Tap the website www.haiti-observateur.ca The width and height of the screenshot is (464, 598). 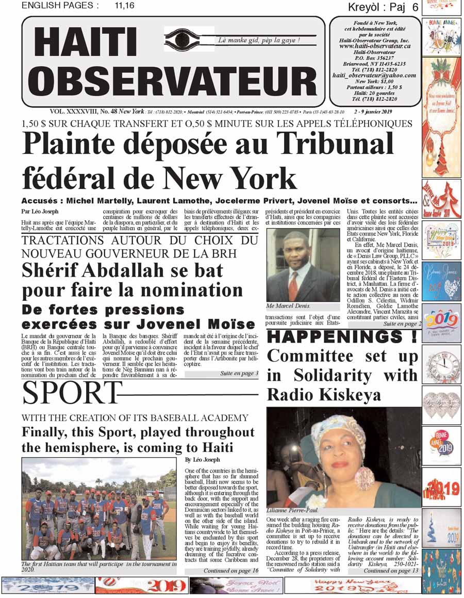tap(375, 46)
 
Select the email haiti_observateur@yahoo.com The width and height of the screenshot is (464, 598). tap(375, 75)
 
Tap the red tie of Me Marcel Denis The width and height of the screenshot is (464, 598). tap(293, 285)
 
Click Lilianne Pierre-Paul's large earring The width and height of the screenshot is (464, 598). tap(364, 478)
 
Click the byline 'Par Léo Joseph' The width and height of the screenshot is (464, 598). tap(40, 211)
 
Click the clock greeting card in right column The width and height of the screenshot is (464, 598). tap(441, 364)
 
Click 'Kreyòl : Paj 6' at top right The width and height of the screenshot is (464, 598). tap(383, 7)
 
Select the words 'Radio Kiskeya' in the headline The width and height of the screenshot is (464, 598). tap(324, 394)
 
